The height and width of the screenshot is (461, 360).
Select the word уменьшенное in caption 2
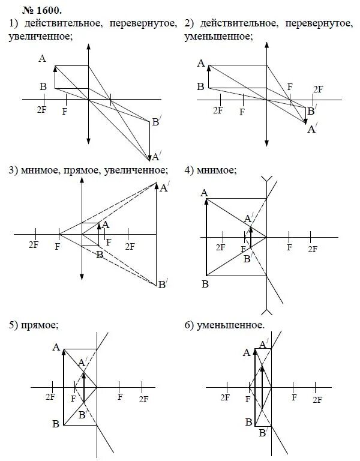point(219,37)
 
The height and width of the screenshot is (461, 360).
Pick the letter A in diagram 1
point(42,58)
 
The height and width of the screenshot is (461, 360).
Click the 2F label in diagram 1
point(41,109)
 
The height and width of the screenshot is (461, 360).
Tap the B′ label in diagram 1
point(156,122)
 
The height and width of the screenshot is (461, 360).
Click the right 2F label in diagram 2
point(318,89)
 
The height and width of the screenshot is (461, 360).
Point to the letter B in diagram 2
point(200,87)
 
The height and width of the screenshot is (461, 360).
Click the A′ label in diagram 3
point(163,188)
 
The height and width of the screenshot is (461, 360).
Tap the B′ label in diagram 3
point(161,285)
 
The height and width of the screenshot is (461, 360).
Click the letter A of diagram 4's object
point(204,193)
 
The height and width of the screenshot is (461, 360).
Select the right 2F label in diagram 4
point(312,248)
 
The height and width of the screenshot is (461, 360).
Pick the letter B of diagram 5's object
point(55,424)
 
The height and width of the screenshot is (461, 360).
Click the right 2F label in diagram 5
point(143,399)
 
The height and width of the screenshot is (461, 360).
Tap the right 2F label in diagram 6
point(316,399)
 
